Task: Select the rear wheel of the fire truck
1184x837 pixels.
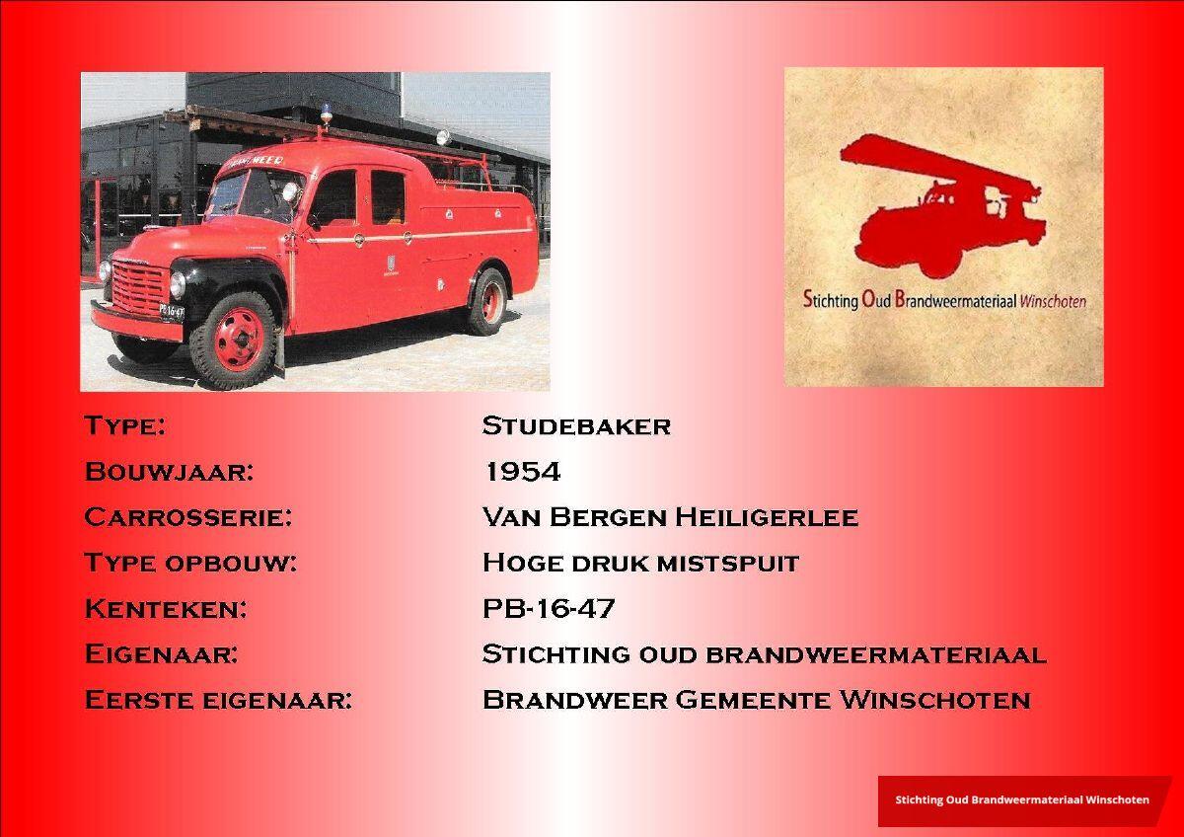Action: pyautogui.click(x=487, y=302)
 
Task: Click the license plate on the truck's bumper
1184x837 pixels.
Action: pyautogui.click(x=172, y=312)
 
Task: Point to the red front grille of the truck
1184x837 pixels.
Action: pyautogui.click(x=139, y=288)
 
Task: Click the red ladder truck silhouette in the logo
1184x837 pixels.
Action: pyautogui.click(x=943, y=206)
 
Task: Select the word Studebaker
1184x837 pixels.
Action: pyautogui.click(x=576, y=426)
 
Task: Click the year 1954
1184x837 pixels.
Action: pyautogui.click(x=522, y=472)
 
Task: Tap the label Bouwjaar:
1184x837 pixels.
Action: pyautogui.click(x=169, y=472)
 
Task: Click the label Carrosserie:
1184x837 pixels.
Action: pyautogui.click(x=188, y=517)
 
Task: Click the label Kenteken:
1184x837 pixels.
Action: pyautogui.click(x=166, y=609)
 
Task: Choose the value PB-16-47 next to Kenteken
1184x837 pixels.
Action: pyautogui.click(x=549, y=609)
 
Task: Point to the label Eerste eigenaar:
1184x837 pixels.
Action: pyautogui.click(x=218, y=700)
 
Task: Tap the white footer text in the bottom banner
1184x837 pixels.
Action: pyautogui.click(x=1022, y=799)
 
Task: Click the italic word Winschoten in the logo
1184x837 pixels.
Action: pyautogui.click(x=1053, y=302)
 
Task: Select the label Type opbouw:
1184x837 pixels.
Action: pyautogui.click(x=190, y=564)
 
